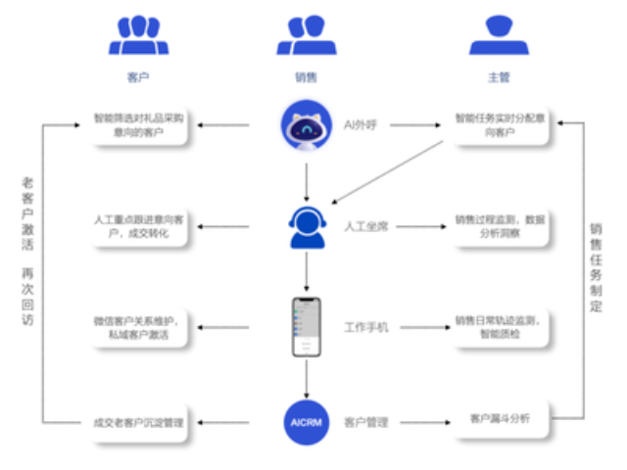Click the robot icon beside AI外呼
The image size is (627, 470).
click(306, 125)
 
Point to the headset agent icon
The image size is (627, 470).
click(306, 227)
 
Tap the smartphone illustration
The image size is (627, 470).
click(307, 327)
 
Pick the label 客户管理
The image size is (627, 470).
click(366, 422)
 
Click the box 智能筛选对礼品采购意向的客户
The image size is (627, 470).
click(139, 125)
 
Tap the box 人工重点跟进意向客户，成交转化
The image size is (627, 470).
click(139, 227)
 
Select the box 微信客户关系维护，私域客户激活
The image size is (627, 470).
click(139, 326)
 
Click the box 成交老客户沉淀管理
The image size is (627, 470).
click(139, 422)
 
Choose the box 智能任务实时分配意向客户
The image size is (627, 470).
click(498, 125)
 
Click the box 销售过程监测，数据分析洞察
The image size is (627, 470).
click(498, 227)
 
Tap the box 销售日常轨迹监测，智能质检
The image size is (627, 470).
click(498, 326)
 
